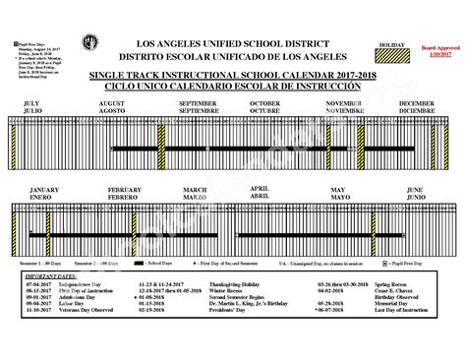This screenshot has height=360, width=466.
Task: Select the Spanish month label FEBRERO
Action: coord(125,196)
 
